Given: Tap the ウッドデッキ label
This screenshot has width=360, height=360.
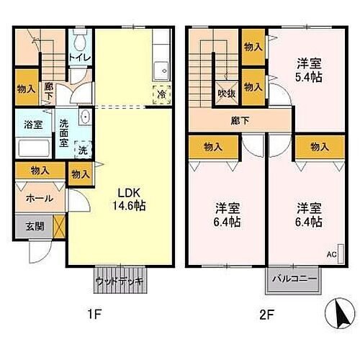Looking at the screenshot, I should click(120, 280).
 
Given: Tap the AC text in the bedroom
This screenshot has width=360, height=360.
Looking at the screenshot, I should click(331, 255).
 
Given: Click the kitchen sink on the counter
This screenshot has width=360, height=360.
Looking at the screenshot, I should click(161, 70).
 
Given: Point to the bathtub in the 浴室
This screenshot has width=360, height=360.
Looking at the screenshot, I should click(32, 149).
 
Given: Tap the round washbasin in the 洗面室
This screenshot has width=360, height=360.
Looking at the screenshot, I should click(84, 117).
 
